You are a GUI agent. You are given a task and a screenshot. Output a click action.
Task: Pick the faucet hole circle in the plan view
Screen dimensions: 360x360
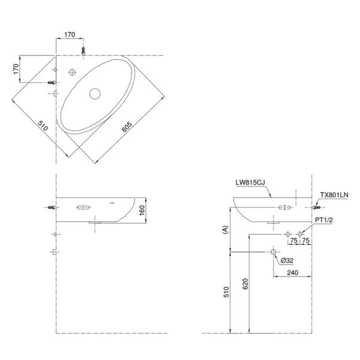73,72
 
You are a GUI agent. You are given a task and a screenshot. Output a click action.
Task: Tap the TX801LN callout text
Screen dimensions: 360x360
334,195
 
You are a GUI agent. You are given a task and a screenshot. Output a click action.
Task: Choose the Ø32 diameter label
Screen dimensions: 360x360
286,261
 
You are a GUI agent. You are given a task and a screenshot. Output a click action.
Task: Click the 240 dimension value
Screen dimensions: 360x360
293,272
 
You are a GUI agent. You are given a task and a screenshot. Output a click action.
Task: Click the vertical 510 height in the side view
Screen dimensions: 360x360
226,295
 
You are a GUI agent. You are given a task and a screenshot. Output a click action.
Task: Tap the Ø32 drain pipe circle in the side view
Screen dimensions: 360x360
275,252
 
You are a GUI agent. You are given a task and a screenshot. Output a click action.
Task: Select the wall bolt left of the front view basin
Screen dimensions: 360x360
52,207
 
